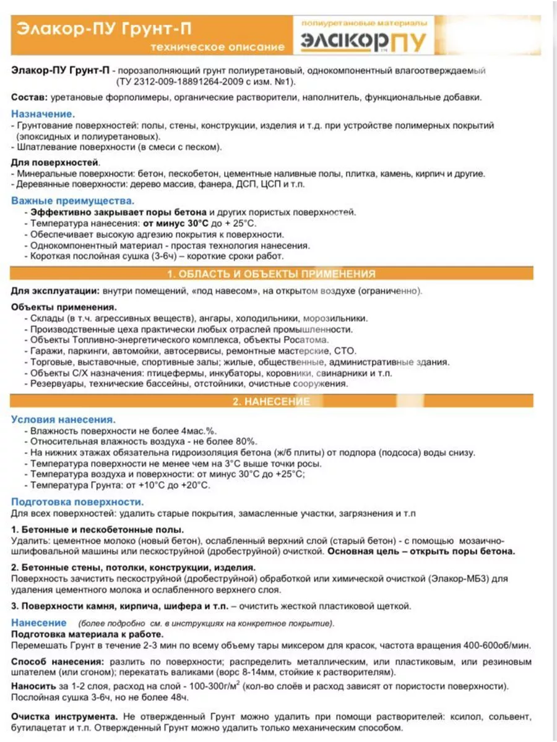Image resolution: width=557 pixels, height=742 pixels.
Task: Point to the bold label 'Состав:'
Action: click(29, 98)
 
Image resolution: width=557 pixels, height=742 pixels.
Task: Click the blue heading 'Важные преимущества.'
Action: click(72, 202)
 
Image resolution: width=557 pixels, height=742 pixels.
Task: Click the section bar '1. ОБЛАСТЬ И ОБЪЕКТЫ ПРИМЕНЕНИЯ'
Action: click(272, 274)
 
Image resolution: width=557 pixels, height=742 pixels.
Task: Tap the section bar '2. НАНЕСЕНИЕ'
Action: click(272, 402)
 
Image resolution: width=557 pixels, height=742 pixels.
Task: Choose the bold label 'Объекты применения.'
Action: click(64, 307)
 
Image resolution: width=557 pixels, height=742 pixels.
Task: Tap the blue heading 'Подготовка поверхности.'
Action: click(77, 501)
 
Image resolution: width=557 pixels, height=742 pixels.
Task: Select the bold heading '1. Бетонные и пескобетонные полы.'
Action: click(97, 530)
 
